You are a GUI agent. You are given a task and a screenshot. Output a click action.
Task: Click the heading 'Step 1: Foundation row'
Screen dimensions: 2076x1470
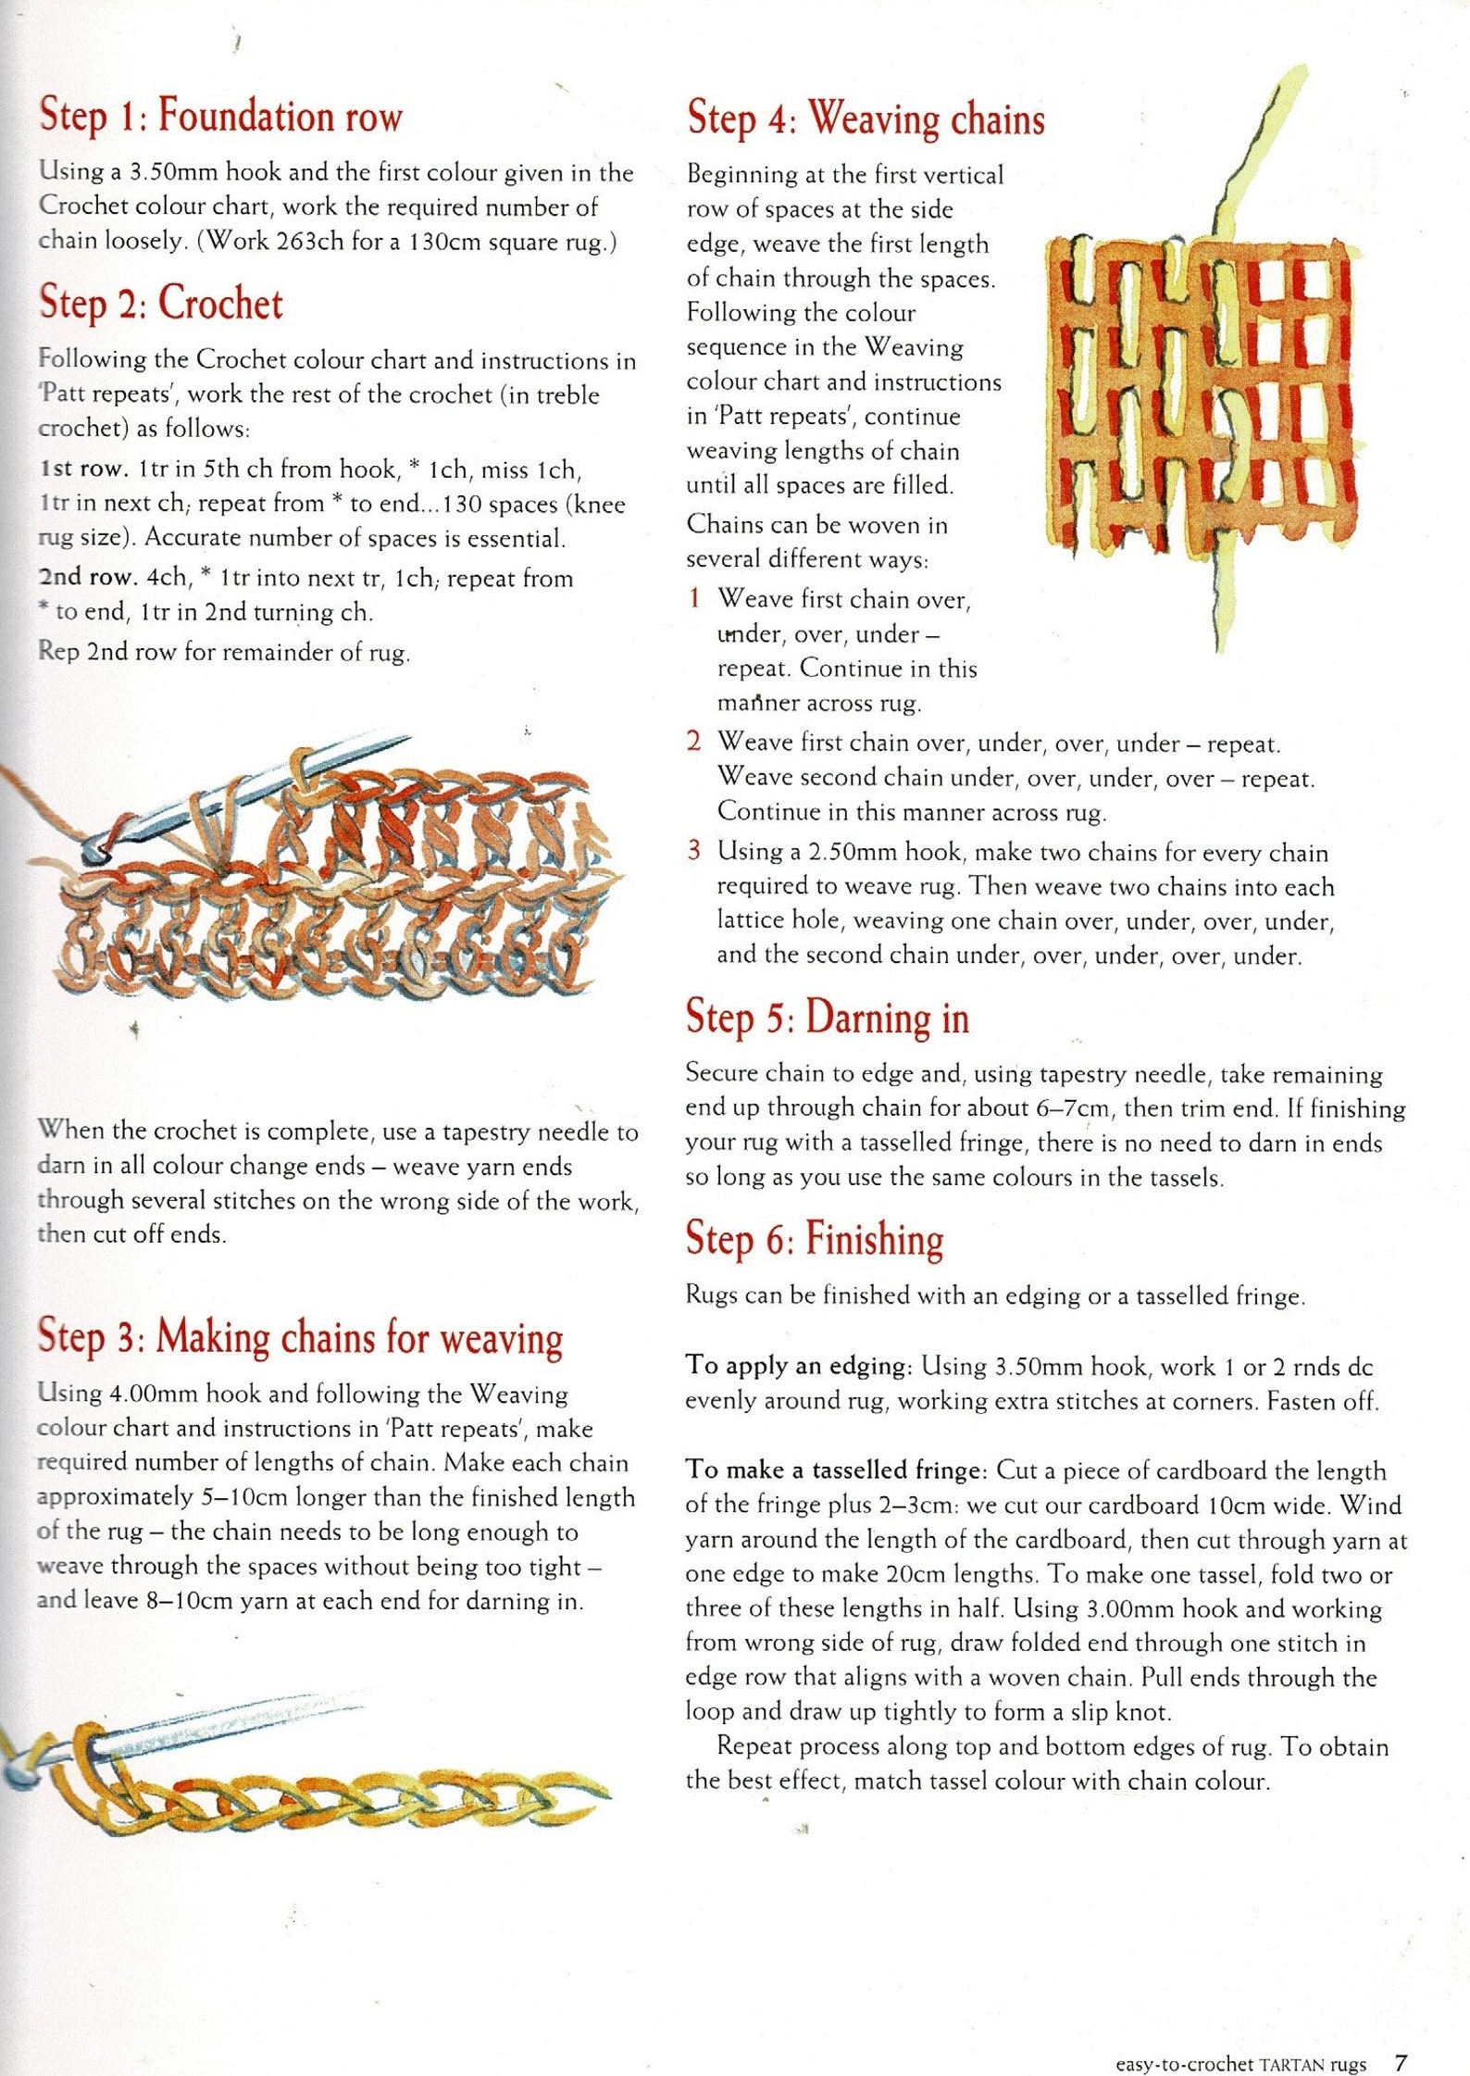coord(220,116)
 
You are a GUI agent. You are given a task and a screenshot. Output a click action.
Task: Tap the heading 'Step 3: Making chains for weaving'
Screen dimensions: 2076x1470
coord(300,1337)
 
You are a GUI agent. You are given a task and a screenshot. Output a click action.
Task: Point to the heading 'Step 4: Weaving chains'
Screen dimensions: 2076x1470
coord(866,119)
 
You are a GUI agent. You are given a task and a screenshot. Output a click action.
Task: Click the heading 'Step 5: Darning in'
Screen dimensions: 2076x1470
coord(827,1017)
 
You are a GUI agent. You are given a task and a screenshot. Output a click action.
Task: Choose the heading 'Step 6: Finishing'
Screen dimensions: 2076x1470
coord(814,1239)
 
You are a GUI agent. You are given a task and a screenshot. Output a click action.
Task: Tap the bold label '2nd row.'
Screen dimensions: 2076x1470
coord(88,578)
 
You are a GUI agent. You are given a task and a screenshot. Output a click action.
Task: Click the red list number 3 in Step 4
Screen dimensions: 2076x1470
coord(694,850)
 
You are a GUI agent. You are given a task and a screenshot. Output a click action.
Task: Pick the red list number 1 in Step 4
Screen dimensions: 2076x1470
coord(694,598)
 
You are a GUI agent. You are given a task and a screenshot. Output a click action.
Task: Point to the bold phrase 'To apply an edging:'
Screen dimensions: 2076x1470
coord(799,1366)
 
